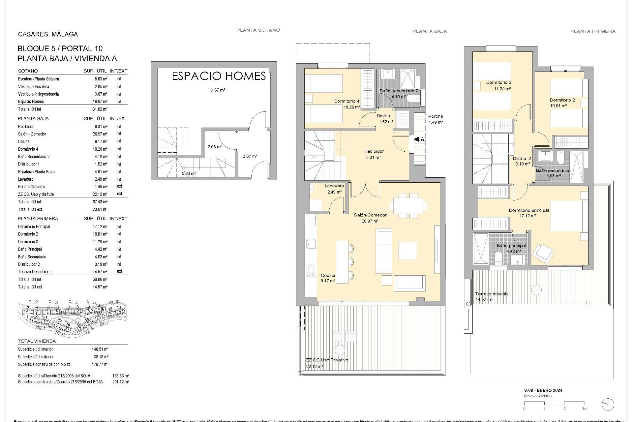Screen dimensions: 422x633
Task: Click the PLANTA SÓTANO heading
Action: [x=258, y=30]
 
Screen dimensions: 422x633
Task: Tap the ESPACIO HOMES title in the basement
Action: [x=219, y=76]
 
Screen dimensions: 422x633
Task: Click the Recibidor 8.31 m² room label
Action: [x=374, y=154]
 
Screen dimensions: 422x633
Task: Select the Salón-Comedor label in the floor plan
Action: [x=370, y=215]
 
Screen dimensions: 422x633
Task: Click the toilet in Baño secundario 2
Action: [x=413, y=99]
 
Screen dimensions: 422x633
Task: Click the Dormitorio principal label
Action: [x=528, y=210]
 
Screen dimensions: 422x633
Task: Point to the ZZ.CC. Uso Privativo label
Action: [x=326, y=360]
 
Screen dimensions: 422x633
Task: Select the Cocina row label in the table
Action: [x=24, y=141]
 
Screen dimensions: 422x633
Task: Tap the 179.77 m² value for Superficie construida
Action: [x=100, y=364]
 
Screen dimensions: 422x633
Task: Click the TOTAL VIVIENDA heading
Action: [x=37, y=341]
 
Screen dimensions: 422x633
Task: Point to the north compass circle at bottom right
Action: [x=608, y=405]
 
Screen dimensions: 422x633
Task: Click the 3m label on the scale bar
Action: [x=585, y=409]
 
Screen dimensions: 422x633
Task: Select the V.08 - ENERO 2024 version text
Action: [x=543, y=390]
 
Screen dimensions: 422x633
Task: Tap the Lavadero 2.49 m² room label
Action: [x=334, y=189]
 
